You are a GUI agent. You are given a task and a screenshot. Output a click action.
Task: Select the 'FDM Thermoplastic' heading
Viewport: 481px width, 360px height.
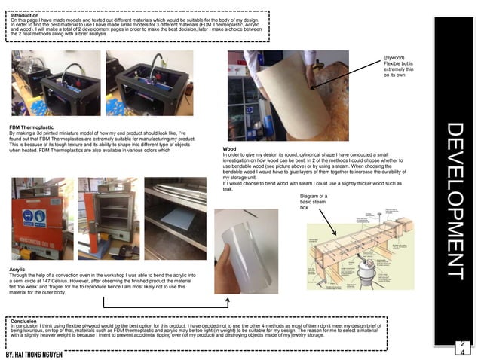32,126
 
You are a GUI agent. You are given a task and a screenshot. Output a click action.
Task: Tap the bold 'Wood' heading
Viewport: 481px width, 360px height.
229,149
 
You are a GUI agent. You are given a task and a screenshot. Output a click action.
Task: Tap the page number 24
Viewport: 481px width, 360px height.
461,347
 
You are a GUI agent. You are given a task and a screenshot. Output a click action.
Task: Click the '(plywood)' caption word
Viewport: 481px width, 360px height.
394,57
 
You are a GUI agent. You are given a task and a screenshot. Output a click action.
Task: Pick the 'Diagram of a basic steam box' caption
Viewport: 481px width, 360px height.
314,201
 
